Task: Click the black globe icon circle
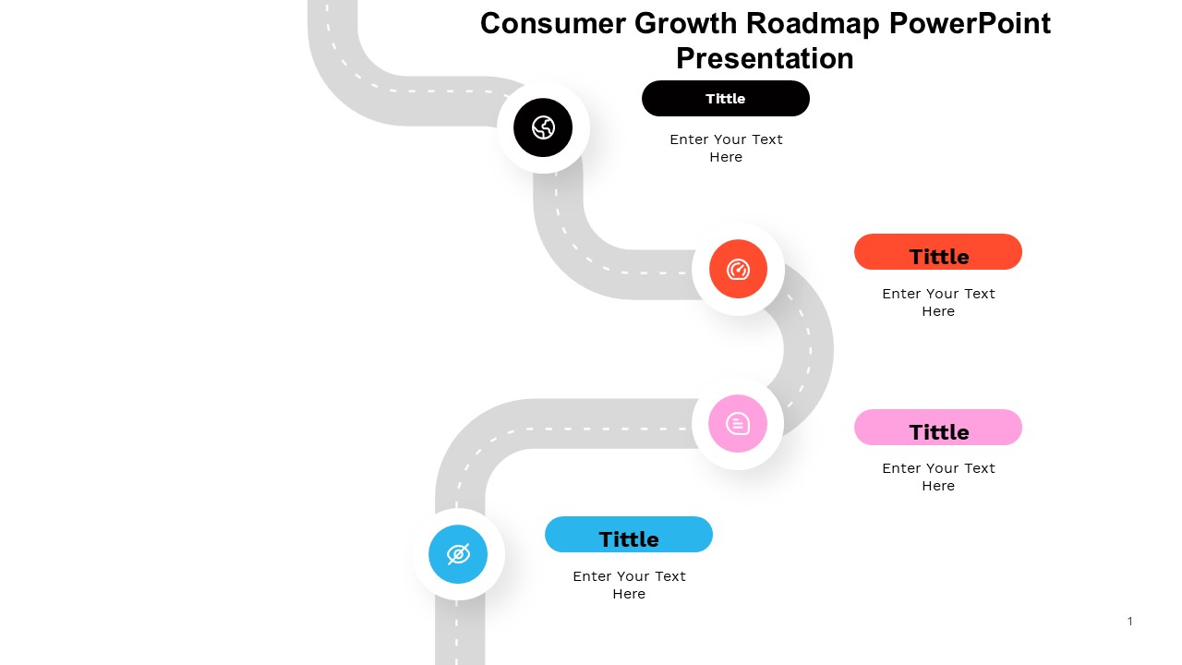pos(542,127)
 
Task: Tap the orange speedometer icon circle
pos(738,269)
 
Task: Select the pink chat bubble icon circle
pos(737,423)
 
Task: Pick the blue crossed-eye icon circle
pos(457,554)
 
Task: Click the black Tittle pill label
pos(726,98)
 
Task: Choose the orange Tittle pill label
pos(937,252)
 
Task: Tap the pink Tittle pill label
pos(937,427)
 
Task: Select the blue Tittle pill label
pos(629,534)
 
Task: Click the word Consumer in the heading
pos(553,24)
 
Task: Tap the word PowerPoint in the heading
pos(970,24)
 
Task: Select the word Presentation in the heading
pos(765,58)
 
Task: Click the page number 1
pos(1129,622)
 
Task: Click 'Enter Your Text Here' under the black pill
pos(726,149)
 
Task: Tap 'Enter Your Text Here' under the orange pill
pos(938,302)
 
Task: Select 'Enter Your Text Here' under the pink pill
pos(938,478)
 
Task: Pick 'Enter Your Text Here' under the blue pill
pos(629,585)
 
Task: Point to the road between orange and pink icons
pos(809,350)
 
